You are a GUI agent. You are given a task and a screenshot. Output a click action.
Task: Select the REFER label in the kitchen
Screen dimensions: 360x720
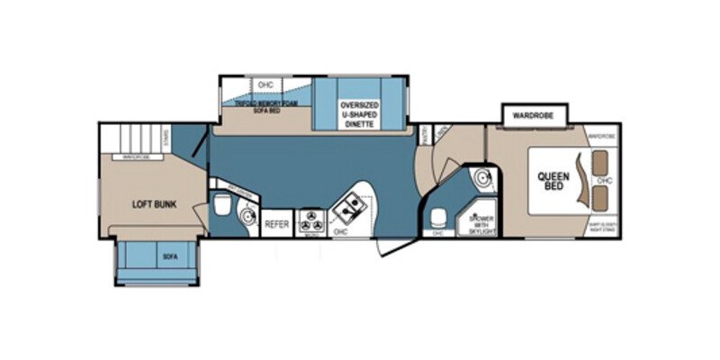pos(276,223)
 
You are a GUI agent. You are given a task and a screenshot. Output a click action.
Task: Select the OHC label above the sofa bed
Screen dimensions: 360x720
pos(265,85)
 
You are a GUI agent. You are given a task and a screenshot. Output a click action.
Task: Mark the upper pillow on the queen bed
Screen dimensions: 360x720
pos(601,164)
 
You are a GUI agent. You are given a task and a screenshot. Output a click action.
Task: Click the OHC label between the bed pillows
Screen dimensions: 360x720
pos(607,180)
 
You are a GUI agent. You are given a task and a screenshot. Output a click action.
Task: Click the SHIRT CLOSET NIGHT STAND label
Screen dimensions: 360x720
pos(600,226)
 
